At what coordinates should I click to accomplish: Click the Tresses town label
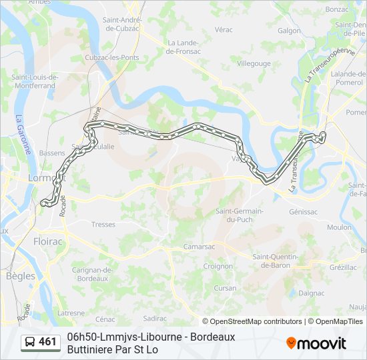pos(103,225)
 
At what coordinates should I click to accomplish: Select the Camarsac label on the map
pos(198,247)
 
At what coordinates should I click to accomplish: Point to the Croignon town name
pos(218,265)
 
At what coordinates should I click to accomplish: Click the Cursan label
pos(225,288)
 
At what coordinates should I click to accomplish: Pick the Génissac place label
pos(304,211)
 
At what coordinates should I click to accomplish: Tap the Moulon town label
pos(339,227)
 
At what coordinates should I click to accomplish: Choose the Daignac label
pos(312,293)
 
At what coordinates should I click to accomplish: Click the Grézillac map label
pos(343,267)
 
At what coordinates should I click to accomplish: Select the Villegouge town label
pos(254,63)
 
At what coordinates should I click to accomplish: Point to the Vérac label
pos(224,29)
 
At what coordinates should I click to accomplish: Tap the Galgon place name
pos(290,30)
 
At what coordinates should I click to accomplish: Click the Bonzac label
pos(338,9)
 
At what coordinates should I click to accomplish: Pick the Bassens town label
pos(52,153)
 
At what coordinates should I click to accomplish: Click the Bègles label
pos(20,275)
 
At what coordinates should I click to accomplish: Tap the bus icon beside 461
pos(30,342)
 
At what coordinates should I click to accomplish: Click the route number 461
pos(47,342)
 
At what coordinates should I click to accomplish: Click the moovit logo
pos(316,343)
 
